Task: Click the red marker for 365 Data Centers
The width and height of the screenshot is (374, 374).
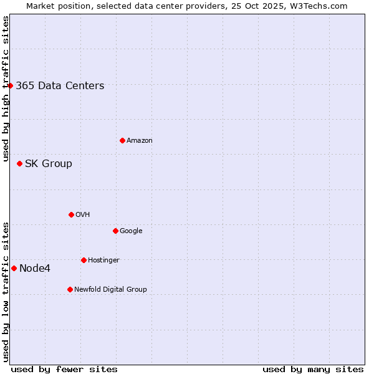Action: (11, 85)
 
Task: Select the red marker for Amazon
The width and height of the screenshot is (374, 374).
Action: (122, 140)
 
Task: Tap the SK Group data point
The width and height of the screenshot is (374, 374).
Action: (19, 163)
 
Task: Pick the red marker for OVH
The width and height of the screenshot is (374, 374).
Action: (71, 214)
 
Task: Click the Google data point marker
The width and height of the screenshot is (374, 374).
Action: (115, 231)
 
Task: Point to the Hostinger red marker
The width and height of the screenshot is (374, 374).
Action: (84, 260)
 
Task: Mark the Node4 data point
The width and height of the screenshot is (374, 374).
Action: (14, 268)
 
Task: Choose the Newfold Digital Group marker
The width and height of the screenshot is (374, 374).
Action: (70, 289)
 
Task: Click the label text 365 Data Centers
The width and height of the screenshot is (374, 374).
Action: (60, 86)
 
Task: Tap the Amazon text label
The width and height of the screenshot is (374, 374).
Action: (139, 141)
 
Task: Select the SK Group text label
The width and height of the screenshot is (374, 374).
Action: (49, 164)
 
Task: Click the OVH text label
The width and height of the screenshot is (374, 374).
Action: (83, 215)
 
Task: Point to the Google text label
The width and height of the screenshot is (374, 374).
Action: (131, 231)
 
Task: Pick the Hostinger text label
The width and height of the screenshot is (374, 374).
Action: (103, 261)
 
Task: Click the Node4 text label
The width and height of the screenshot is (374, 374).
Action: (35, 269)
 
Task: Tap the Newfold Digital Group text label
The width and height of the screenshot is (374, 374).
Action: (110, 290)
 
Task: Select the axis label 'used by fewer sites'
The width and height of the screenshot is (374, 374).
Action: (64, 369)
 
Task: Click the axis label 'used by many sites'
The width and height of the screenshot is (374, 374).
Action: (313, 369)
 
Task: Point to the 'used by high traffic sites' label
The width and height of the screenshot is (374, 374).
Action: (6, 89)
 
